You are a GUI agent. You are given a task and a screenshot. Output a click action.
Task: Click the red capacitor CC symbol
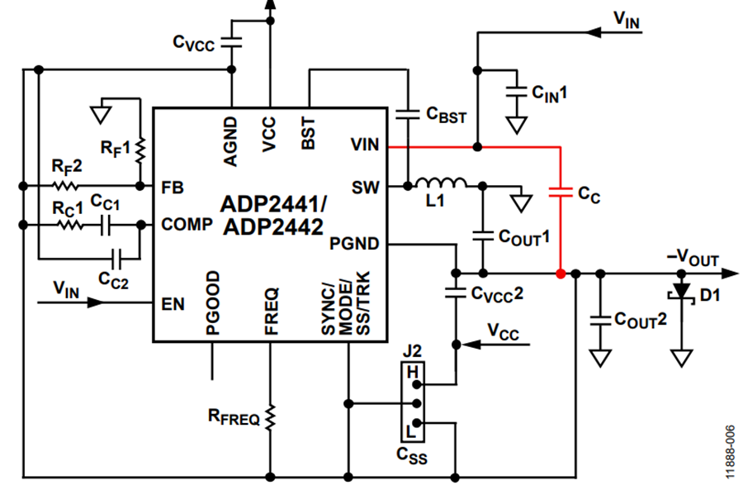561,193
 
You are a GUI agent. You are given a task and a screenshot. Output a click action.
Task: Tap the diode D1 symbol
681,292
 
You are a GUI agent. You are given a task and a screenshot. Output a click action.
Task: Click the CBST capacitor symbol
407,114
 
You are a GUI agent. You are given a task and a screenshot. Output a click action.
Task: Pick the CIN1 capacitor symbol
517,90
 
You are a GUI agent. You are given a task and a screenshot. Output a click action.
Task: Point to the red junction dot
561,274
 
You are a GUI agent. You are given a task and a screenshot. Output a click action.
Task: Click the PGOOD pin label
213,301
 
